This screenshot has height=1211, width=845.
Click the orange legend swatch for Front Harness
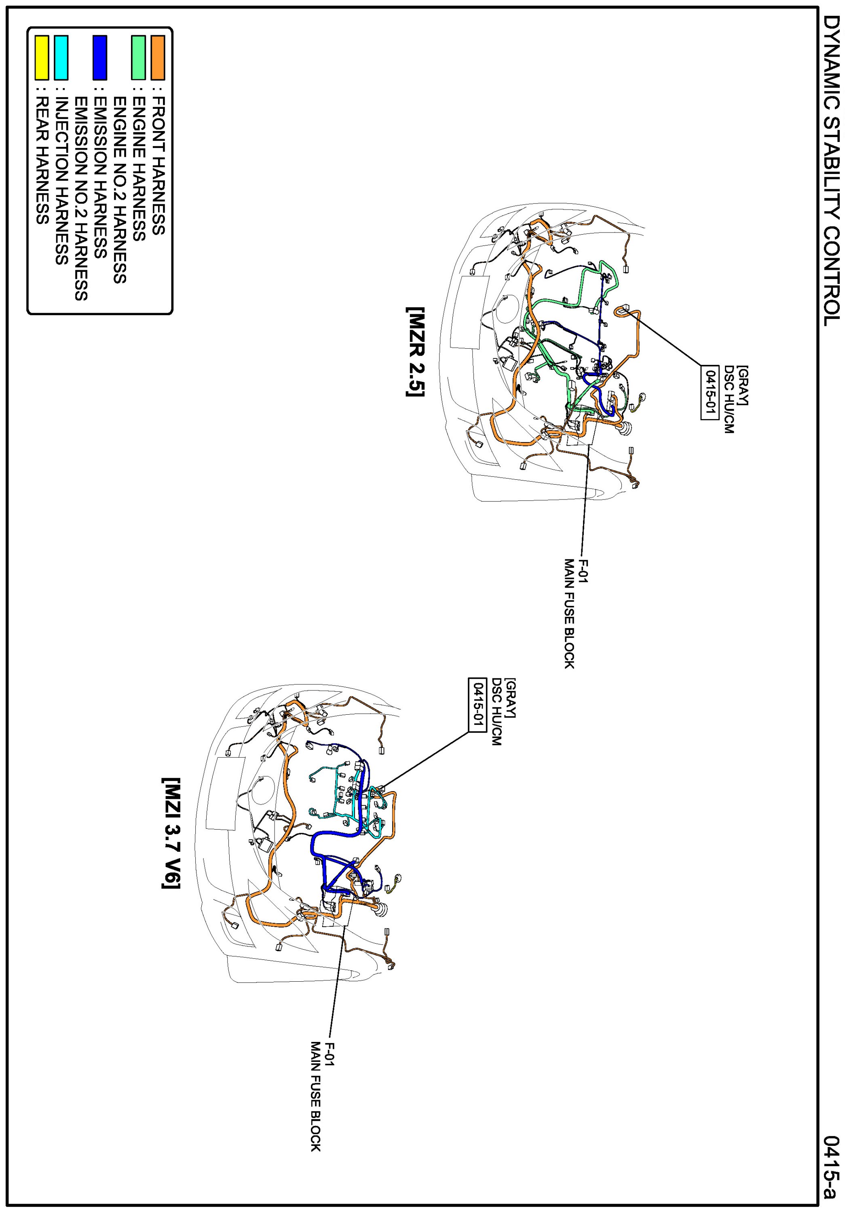click(x=158, y=57)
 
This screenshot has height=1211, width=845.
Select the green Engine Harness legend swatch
click(x=138, y=57)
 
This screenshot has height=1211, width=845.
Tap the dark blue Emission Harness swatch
click(x=99, y=57)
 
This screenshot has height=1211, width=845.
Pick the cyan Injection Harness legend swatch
click(x=61, y=57)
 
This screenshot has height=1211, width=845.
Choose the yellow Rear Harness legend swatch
click(x=42, y=57)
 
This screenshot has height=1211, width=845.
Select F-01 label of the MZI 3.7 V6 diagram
click(x=330, y=1054)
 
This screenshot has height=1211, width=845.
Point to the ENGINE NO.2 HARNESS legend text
click(x=120, y=190)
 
